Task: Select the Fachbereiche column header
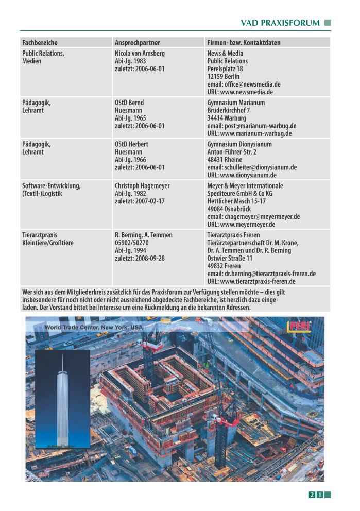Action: pyautogui.click(x=40, y=43)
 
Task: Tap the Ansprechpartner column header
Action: pyautogui.click(x=137, y=43)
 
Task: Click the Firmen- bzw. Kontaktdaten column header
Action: pyautogui.click(x=244, y=43)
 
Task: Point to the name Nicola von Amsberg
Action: pyautogui.click(x=140, y=53)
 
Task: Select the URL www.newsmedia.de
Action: pyautogui.click(x=240, y=92)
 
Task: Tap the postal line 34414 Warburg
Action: pyautogui.click(x=226, y=118)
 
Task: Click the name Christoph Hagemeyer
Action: pyautogui.click(x=142, y=185)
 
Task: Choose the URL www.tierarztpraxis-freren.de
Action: pyautogui.click(x=251, y=281)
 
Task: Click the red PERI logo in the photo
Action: pyautogui.click(x=298, y=327)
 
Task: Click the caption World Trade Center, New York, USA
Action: pyautogui.click(x=94, y=327)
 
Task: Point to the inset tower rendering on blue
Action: pyautogui.click(x=62, y=399)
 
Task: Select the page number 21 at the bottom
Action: pyautogui.click(x=316, y=495)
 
